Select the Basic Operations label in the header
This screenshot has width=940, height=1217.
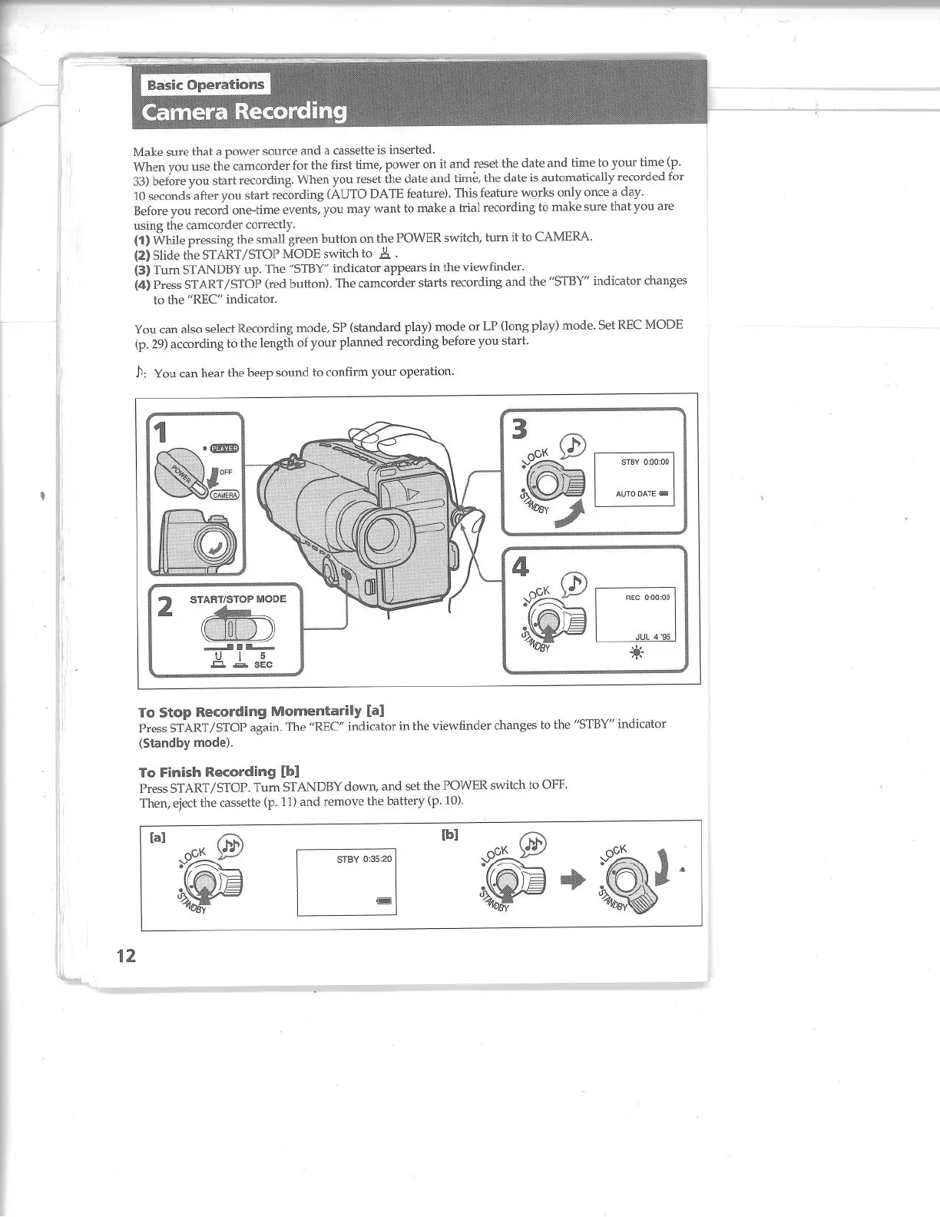tap(205, 85)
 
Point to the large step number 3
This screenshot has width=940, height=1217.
tap(519, 430)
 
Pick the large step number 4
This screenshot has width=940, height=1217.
tap(520, 567)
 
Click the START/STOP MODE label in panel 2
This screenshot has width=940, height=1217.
tap(237, 599)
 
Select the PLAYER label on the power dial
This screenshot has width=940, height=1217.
tap(226, 449)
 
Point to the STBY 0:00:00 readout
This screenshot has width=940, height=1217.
tap(645, 462)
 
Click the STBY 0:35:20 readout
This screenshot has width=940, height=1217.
tap(363, 858)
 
